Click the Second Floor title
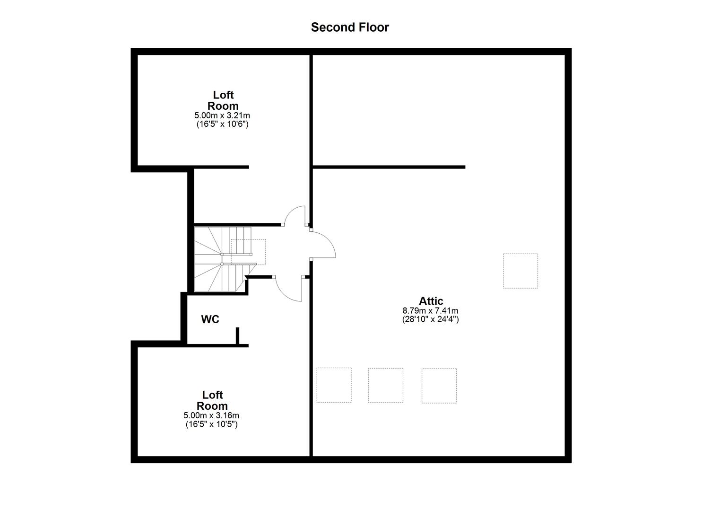click(350, 27)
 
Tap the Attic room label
click(431, 301)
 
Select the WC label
click(210, 319)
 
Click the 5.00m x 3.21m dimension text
click(222, 115)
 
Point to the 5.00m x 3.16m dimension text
click(211, 415)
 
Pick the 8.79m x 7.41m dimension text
click(430, 311)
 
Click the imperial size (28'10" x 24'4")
click(430, 319)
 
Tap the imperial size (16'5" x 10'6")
click(222, 124)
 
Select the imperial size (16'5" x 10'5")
click(211, 424)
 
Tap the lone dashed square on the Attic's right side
click(520, 271)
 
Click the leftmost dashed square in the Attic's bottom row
click(334, 385)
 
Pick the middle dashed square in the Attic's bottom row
click(386, 385)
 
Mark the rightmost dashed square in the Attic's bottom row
click(439, 386)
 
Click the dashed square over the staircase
click(248, 252)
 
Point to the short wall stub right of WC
click(237, 336)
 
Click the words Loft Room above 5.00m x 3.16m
click(212, 400)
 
